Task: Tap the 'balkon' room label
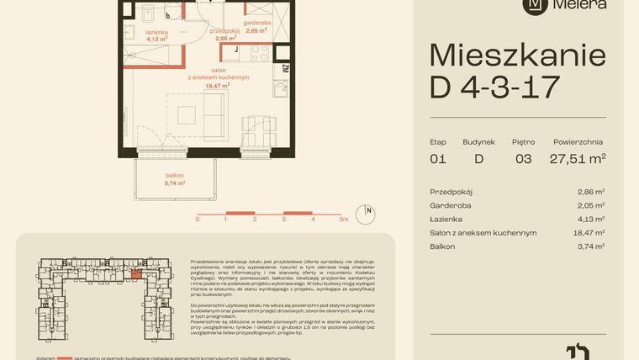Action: [175, 175]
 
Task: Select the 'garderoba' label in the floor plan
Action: [256, 23]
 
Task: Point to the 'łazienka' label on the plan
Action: [157, 31]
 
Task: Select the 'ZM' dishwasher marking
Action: [285, 69]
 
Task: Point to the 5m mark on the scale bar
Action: [343, 219]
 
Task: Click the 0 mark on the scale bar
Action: [198, 219]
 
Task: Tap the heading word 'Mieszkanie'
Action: [517, 56]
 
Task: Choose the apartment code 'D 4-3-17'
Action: [494, 87]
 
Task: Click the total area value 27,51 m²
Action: [578, 157]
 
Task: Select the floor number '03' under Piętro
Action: [522, 157]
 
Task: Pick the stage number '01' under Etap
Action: [437, 157]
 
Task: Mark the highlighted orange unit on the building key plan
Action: [138, 273]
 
